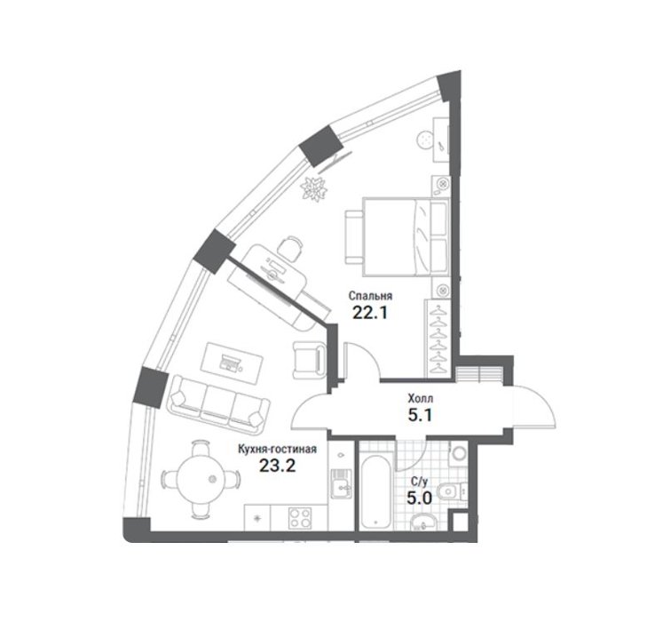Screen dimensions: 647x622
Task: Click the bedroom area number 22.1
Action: tap(370, 313)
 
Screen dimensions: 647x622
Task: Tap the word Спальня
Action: tap(370, 296)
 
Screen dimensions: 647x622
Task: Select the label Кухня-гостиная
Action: tap(277, 449)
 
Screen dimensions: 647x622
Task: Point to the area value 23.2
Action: tap(277, 466)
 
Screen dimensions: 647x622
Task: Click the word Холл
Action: tap(421, 399)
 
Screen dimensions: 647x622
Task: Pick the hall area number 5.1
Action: tap(420, 415)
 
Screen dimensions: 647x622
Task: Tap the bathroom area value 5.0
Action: tap(419, 498)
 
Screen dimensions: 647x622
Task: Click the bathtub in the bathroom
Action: tap(375, 491)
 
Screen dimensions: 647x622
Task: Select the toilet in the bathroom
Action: tap(452, 491)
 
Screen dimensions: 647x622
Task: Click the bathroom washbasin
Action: tap(423, 522)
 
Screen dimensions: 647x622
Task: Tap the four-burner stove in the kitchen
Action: tap(300, 518)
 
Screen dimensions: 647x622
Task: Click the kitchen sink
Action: tap(341, 483)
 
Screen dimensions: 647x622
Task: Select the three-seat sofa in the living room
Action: tap(217, 405)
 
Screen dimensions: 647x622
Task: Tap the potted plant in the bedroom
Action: tap(314, 188)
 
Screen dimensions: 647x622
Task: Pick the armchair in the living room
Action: tap(310, 360)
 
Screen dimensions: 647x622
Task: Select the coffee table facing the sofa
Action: tap(232, 363)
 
